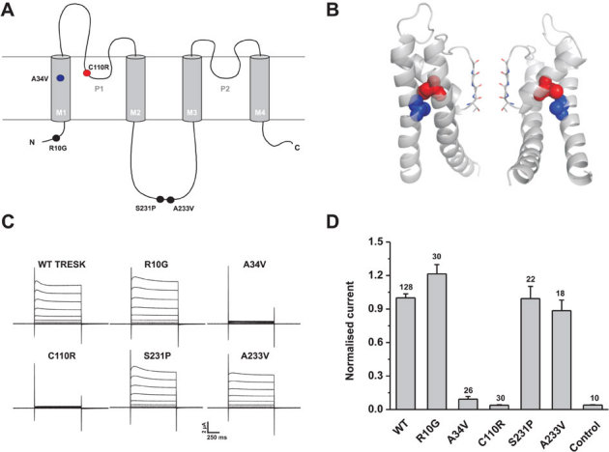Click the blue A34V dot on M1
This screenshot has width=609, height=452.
click(x=61, y=78)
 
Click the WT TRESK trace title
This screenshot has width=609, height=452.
click(x=57, y=259)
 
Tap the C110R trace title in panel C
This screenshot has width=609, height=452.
click(x=57, y=341)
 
